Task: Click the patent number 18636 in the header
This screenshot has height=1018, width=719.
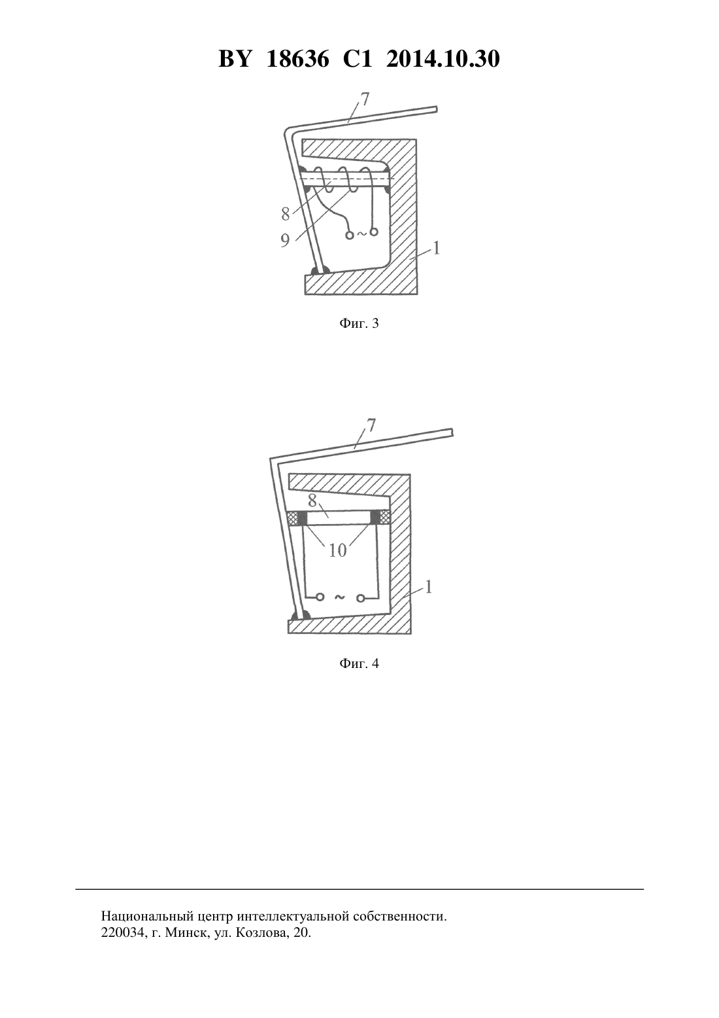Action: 297,59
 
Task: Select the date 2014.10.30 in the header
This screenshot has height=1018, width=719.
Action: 443,59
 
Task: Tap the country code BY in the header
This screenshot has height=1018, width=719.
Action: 235,59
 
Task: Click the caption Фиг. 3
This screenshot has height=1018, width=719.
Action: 359,324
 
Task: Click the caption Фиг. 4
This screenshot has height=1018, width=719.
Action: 359,663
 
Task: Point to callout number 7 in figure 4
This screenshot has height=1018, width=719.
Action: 371,425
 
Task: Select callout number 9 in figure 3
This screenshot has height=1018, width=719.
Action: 285,240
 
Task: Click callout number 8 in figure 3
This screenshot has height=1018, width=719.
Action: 285,213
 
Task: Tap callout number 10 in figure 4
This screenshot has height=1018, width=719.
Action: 338,551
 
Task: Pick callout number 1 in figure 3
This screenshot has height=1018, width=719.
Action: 436,248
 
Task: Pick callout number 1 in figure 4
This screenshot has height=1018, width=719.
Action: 428,587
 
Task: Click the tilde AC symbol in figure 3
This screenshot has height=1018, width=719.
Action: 361,234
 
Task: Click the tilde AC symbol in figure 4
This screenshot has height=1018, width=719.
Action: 339,597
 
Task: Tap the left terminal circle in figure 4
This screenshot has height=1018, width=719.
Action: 320,597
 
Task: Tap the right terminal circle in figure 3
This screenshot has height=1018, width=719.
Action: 374,232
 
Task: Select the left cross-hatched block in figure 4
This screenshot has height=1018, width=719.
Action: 293,518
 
